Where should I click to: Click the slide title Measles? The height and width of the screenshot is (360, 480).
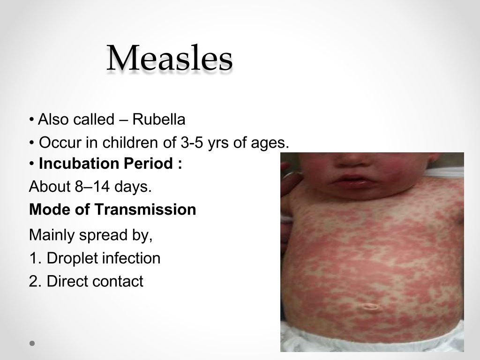tap(170, 58)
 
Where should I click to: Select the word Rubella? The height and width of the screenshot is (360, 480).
tap(158, 119)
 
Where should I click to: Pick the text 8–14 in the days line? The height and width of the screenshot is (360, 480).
tap(92, 186)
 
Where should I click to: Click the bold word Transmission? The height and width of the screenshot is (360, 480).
tap(145, 210)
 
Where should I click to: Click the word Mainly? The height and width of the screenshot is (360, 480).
tap(52, 235)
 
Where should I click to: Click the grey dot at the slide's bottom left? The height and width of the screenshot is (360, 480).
tap(32, 343)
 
